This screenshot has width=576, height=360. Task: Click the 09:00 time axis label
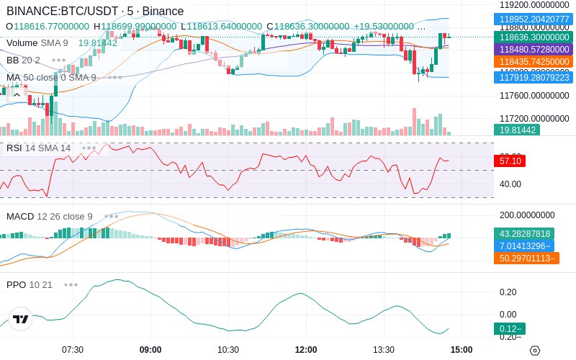pyautogui.click(x=150, y=350)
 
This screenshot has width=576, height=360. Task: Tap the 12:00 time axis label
pyautogui.click(x=306, y=350)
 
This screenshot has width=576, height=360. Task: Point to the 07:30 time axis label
pyautogui.click(x=73, y=350)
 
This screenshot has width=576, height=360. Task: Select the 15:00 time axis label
pyautogui.click(x=461, y=350)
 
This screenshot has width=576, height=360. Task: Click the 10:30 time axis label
pyautogui.click(x=228, y=350)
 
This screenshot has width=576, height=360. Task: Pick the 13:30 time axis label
pyautogui.click(x=384, y=350)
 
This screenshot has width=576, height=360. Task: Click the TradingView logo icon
pyautogui.click(x=21, y=319)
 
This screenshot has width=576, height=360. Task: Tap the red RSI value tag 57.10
pyautogui.click(x=510, y=161)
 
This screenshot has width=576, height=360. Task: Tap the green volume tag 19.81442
pyautogui.click(x=516, y=130)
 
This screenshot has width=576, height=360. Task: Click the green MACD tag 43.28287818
pyautogui.click(x=525, y=233)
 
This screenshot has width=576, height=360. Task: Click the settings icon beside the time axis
pyautogui.click(x=534, y=351)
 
